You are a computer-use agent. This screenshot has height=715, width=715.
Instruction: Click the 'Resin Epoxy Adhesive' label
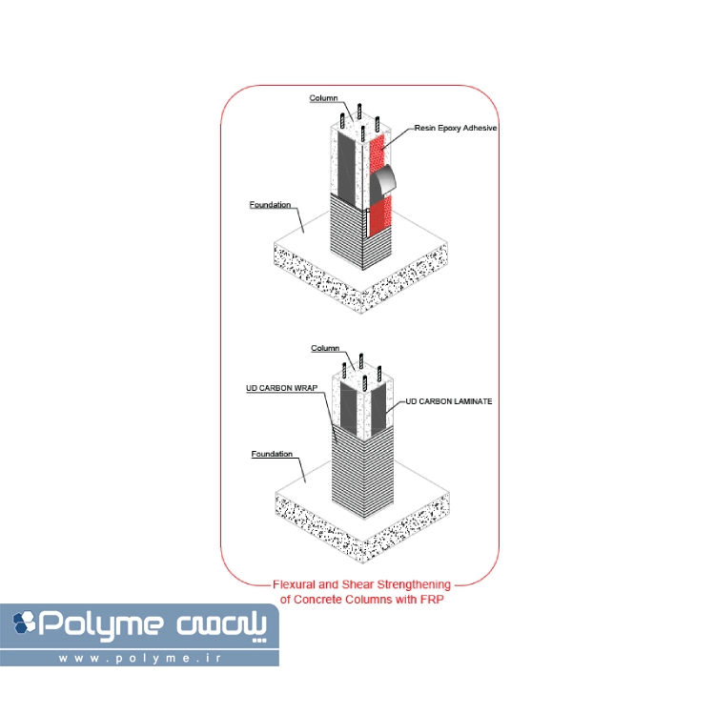(x=456, y=128)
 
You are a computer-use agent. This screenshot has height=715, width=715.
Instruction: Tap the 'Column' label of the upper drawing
(x=324, y=98)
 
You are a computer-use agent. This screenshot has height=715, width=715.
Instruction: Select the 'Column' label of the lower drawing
(x=326, y=349)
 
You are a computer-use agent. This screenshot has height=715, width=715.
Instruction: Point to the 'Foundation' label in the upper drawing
(x=270, y=205)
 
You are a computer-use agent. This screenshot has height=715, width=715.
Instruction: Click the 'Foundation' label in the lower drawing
(x=272, y=455)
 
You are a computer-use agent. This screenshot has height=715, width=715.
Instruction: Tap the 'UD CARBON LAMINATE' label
(x=449, y=402)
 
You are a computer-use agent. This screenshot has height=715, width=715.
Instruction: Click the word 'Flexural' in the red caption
(x=293, y=584)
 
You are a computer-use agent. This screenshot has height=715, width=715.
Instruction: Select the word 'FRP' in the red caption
(x=432, y=600)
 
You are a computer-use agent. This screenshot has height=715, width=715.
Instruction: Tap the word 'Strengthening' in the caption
(x=412, y=584)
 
